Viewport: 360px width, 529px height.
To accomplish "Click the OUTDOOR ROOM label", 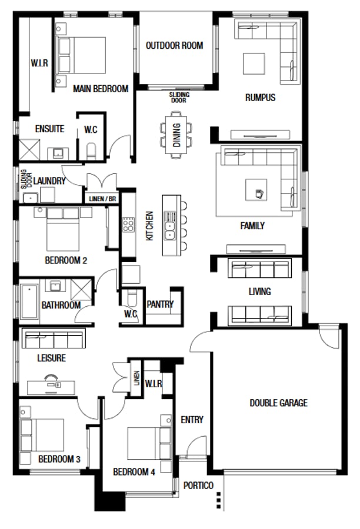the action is (174, 45).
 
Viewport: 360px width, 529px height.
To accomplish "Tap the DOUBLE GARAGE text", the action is (279, 403).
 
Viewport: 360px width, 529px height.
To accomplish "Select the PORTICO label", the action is (198, 486).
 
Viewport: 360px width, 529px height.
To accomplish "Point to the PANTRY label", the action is (160, 304).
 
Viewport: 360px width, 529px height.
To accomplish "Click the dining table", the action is (176, 135).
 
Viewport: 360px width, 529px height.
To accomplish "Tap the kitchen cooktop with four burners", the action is (128, 225).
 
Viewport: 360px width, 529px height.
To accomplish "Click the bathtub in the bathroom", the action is (29, 302).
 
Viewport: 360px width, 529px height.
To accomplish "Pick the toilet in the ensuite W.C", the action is (91, 151).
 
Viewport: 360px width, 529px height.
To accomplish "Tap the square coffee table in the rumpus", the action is (254, 63).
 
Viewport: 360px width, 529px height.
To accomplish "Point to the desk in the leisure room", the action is (51, 387).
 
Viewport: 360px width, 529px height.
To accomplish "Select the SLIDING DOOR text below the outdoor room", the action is (179, 97).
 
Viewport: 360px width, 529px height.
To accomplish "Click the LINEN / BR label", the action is (102, 199).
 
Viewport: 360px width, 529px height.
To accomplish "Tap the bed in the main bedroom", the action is (81, 55).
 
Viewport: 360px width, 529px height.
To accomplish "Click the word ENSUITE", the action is (49, 129).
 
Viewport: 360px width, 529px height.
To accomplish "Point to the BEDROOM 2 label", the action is (66, 260).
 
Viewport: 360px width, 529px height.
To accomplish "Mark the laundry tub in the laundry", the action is (30, 197).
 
